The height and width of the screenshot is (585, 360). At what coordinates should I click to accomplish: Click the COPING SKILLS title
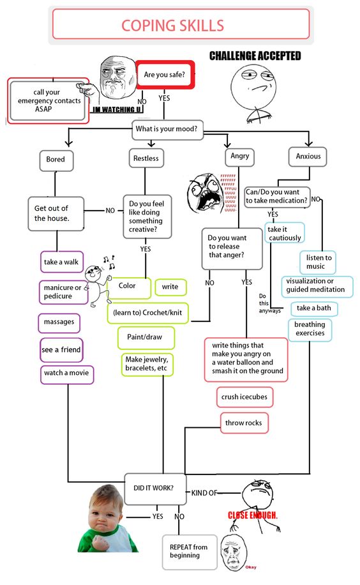[x=173, y=26]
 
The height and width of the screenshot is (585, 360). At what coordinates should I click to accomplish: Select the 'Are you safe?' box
[x=165, y=75]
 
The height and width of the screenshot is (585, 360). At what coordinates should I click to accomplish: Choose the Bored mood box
[x=56, y=160]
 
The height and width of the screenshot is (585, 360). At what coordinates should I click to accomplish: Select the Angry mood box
[x=239, y=156]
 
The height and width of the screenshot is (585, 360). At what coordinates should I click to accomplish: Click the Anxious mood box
[x=308, y=156]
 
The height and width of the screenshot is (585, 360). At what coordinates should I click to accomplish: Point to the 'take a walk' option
[x=61, y=262]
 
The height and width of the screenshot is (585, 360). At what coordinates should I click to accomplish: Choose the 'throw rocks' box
[x=243, y=423]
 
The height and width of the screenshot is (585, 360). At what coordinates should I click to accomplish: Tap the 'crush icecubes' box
[x=244, y=397]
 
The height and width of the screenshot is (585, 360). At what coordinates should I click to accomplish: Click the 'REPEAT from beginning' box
[x=188, y=551]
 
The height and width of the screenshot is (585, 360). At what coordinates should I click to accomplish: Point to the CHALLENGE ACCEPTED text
[x=255, y=56]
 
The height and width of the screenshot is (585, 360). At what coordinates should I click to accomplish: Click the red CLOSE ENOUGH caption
[x=253, y=515]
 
